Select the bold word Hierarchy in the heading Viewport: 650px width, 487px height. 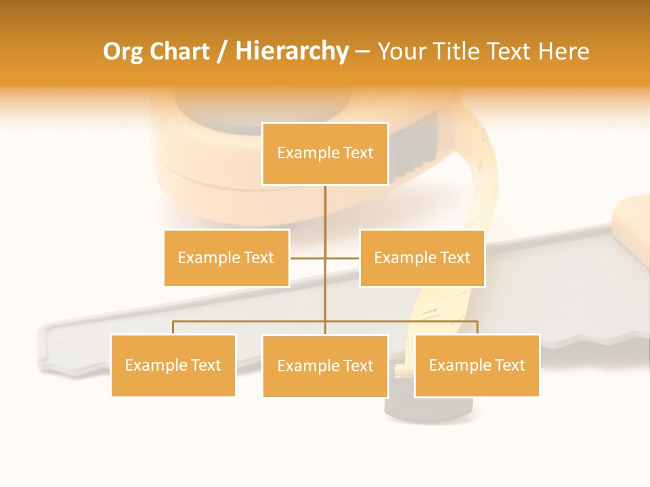click(x=292, y=51)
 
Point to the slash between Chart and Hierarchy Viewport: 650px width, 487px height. click(x=222, y=51)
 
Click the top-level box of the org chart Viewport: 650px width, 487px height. click(x=325, y=153)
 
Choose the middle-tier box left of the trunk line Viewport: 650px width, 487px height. click(x=226, y=258)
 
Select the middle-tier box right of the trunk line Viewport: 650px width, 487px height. click(x=422, y=258)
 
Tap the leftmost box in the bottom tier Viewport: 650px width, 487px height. click(x=173, y=365)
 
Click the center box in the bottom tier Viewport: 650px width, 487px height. click(x=325, y=366)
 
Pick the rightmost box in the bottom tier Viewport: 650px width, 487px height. click(x=477, y=365)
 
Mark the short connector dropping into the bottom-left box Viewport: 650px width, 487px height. click(x=173, y=327)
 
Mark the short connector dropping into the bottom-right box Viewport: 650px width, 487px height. click(x=477, y=327)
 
